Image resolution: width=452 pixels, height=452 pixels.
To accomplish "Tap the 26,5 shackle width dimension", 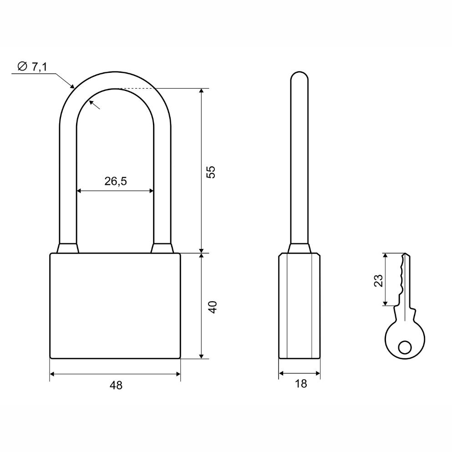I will coord(115,181).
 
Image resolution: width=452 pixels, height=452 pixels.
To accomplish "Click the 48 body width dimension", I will coord(116,385).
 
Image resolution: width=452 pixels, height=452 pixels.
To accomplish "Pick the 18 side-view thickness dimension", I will coord(300,384).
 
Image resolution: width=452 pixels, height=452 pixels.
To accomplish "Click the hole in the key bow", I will coord(404,348).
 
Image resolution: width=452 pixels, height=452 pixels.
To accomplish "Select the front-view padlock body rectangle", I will coord(115,306).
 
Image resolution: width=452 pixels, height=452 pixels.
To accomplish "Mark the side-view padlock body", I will coord(299,306).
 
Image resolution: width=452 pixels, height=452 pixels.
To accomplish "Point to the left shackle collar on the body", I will coord(68,248).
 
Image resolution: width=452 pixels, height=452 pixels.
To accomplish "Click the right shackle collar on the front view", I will coord(163,248).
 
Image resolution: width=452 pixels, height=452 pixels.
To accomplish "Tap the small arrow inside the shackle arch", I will coord(95,105).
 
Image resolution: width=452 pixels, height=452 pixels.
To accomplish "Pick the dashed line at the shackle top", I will coord(137,88).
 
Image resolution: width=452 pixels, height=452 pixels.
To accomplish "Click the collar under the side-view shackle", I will coord(299,249).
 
